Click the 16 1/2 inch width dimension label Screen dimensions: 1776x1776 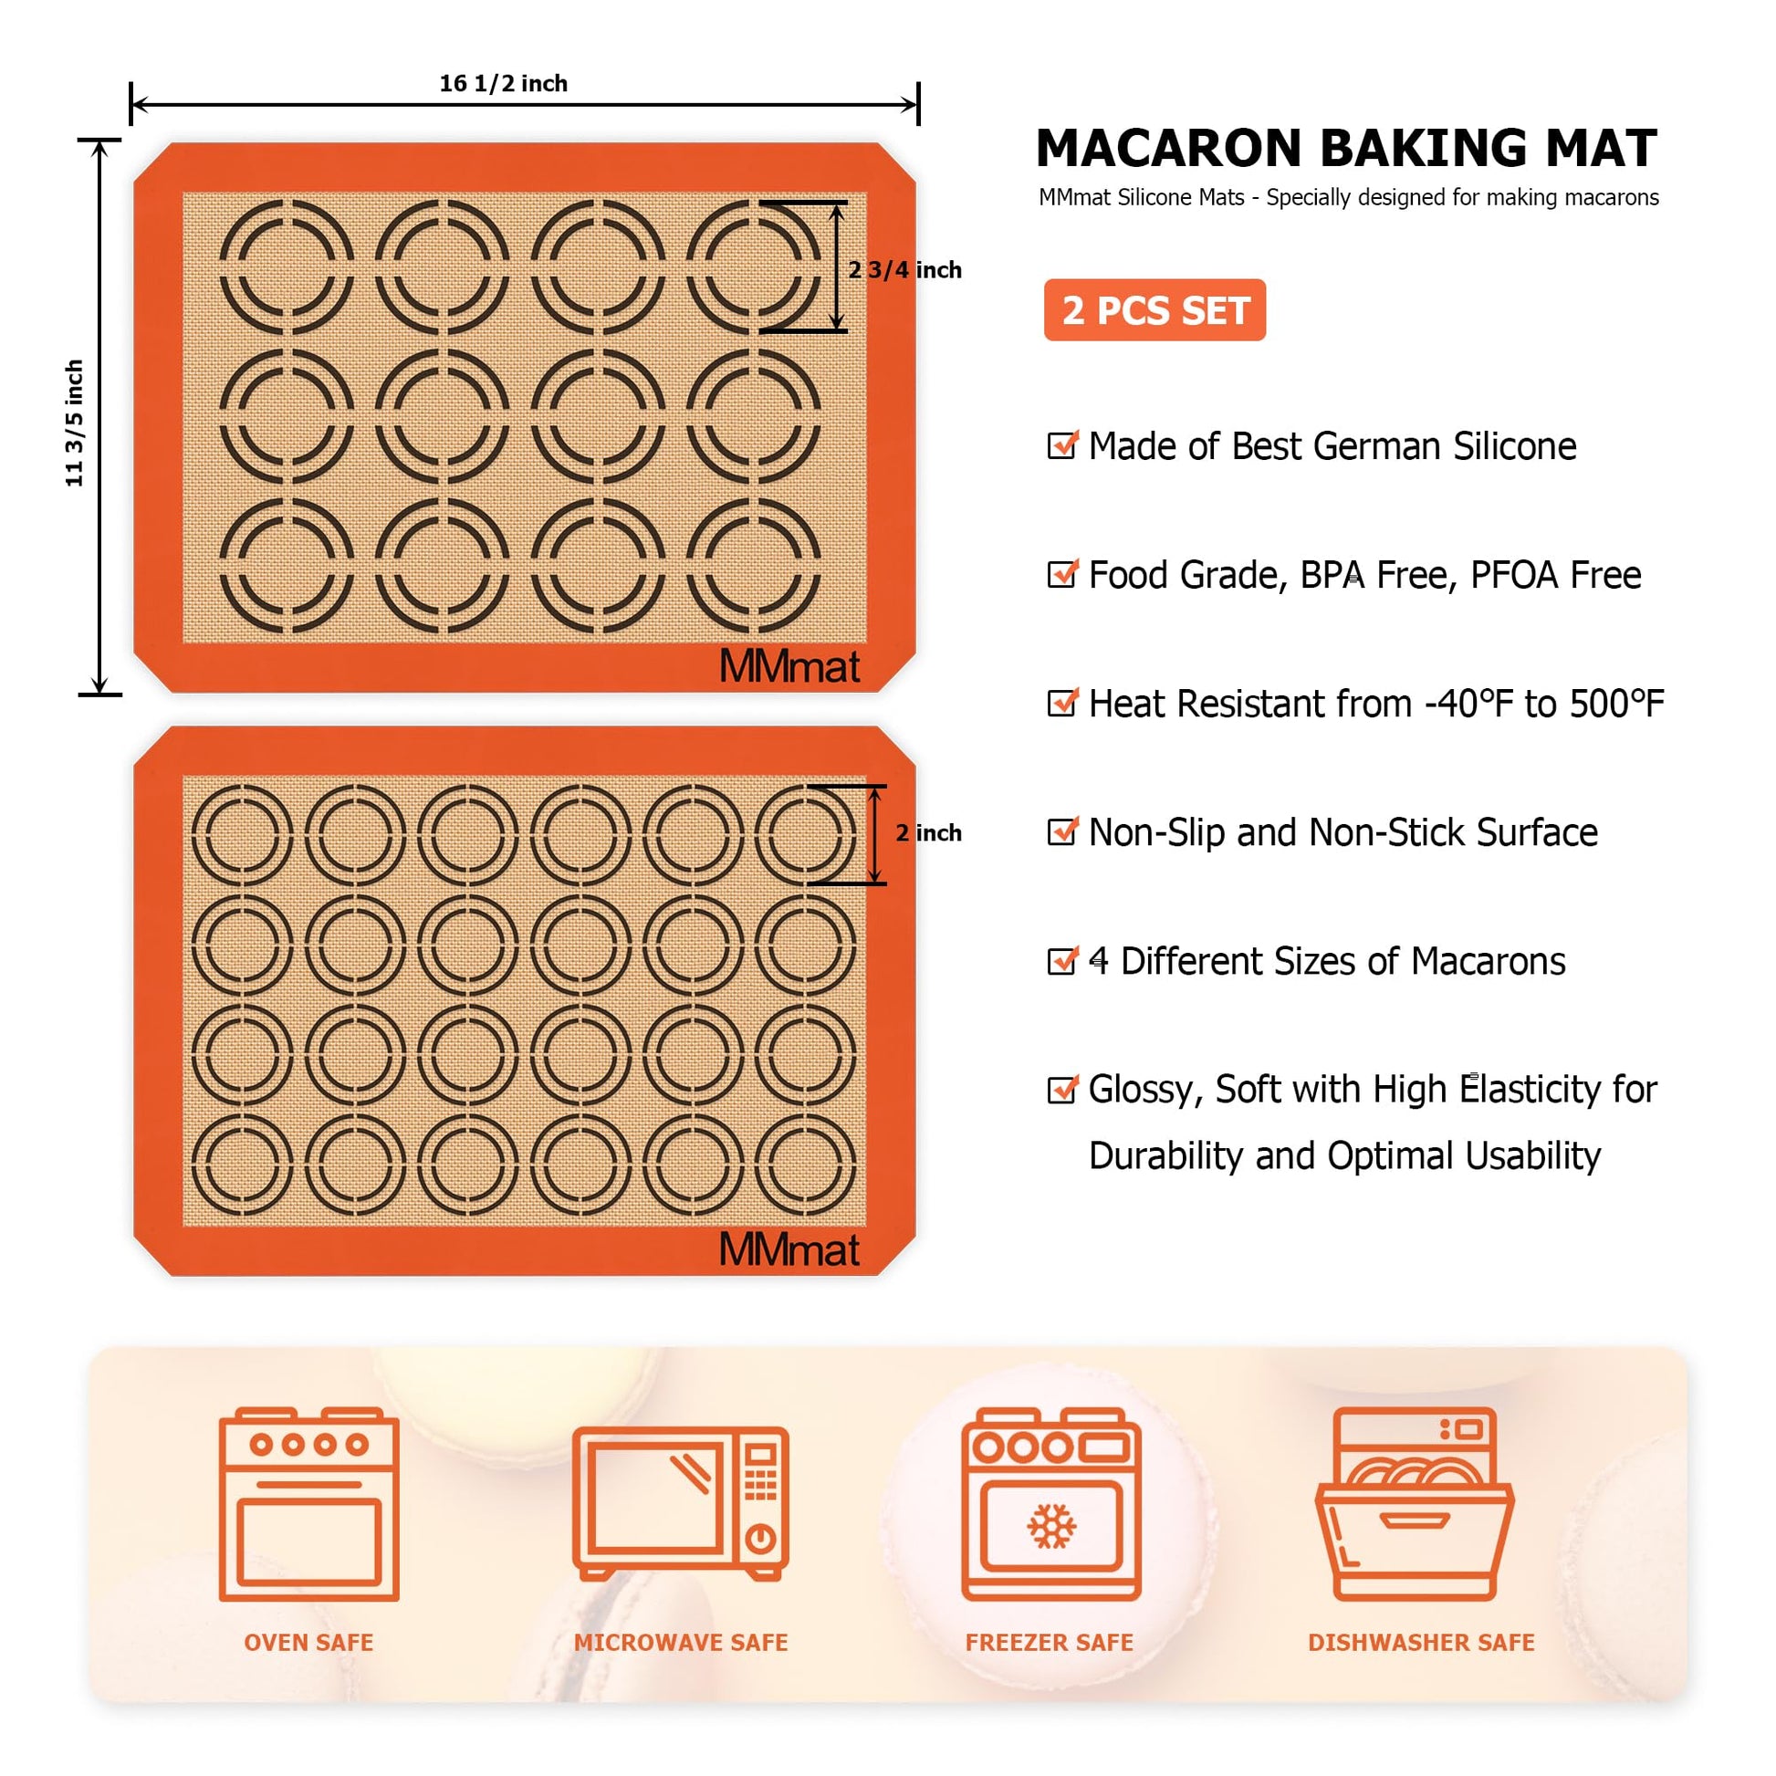coord(503,84)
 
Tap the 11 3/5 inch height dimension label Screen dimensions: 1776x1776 coord(75,423)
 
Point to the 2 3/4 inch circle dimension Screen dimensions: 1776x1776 coord(904,269)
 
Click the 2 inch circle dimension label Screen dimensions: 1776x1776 coord(928,833)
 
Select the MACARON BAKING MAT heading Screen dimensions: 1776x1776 coord(1347,148)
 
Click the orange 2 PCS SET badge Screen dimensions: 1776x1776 coord(1154,309)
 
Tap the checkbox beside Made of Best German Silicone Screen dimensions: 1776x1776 coord(1061,445)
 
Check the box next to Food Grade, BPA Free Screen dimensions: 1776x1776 coord(1061,574)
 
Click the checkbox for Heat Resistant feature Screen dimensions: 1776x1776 coord(1061,703)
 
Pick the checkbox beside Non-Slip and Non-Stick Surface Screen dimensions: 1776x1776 coord(1061,831)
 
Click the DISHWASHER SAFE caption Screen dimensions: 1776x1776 coord(1421,1643)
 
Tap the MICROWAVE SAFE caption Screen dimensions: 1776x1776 coord(681,1643)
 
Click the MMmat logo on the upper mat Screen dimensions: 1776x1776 coord(789,666)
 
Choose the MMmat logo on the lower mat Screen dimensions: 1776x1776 coord(789,1249)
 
